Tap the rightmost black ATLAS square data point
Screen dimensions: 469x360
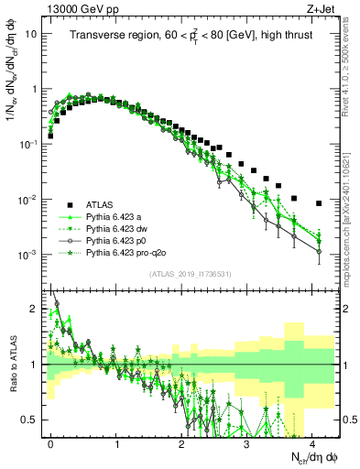pos(319,203)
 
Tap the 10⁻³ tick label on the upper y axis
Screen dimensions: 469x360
pos(30,254)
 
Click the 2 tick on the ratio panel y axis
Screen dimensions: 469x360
pos(35,309)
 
